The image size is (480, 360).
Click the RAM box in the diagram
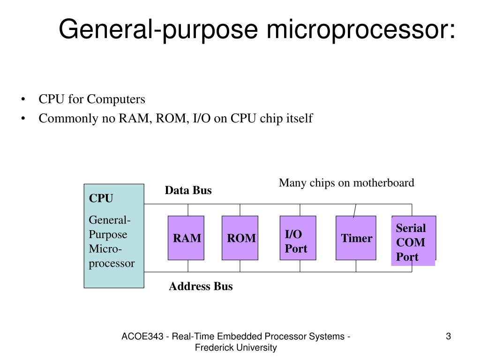(x=186, y=238)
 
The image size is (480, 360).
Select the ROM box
(x=240, y=238)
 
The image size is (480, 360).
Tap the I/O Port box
(x=298, y=238)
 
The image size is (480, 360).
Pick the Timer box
(x=356, y=238)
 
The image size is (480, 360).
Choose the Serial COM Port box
(x=413, y=240)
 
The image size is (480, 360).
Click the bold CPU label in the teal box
(x=101, y=198)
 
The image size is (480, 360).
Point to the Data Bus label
(x=188, y=190)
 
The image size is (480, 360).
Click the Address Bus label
(x=201, y=286)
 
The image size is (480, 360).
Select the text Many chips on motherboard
(x=346, y=183)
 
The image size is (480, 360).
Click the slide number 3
(x=449, y=337)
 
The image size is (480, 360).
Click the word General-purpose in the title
(x=158, y=30)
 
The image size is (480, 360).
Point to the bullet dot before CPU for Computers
(x=23, y=99)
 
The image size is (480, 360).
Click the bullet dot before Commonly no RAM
(x=23, y=119)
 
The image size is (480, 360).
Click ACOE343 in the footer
(x=142, y=337)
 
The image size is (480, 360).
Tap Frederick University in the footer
(x=236, y=348)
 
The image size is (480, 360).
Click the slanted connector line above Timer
(x=355, y=210)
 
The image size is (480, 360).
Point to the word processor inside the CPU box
(x=112, y=263)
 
